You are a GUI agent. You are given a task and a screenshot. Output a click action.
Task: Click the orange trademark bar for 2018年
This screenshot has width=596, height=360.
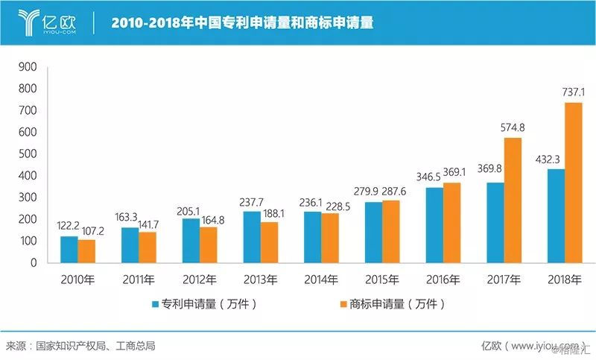click(x=573, y=183)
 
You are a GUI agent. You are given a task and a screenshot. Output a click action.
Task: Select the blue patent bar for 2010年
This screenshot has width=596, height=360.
click(x=69, y=250)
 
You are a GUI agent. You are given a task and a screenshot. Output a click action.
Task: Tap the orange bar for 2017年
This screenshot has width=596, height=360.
click(x=513, y=200)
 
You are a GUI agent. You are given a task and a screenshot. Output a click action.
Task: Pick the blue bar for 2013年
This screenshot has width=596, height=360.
click(x=252, y=237)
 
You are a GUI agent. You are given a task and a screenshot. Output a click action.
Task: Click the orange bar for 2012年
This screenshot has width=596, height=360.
click(x=209, y=245)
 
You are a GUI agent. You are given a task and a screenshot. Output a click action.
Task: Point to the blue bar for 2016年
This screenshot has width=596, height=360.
click(x=434, y=225)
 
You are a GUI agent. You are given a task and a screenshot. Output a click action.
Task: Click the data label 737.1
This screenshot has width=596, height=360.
click(x=573, y=92)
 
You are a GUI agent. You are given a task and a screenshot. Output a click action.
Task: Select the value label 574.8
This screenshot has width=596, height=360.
click(x=513, y=127)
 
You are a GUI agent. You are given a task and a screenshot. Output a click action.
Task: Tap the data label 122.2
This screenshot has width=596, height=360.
click(x=68, y=226)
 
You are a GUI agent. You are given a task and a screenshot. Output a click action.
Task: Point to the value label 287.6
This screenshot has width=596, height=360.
click(x=394, y=192)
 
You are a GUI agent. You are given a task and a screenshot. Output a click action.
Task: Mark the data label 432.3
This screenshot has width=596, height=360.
click(x=548, y=160)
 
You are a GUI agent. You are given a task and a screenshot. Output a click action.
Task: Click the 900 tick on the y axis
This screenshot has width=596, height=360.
click(x=28, y=67)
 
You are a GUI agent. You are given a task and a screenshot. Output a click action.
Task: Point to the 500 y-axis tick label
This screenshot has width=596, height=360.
click(x=28, y=154)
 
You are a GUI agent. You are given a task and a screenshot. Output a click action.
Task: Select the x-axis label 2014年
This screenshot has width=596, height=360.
click(x=321, y=280)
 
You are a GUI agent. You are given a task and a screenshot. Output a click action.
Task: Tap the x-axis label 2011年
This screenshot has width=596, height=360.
click(x=139, y=280)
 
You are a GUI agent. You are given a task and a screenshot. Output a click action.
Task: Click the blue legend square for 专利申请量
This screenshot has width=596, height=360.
click(x=155, y=304)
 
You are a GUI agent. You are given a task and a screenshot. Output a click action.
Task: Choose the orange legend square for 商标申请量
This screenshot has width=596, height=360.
click(x=343, y=304)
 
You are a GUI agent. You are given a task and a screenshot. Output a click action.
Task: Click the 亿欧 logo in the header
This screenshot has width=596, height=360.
click(x=47, y=23)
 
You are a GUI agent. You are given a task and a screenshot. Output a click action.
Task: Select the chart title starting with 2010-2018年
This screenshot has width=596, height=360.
click(x=243, y=23)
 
